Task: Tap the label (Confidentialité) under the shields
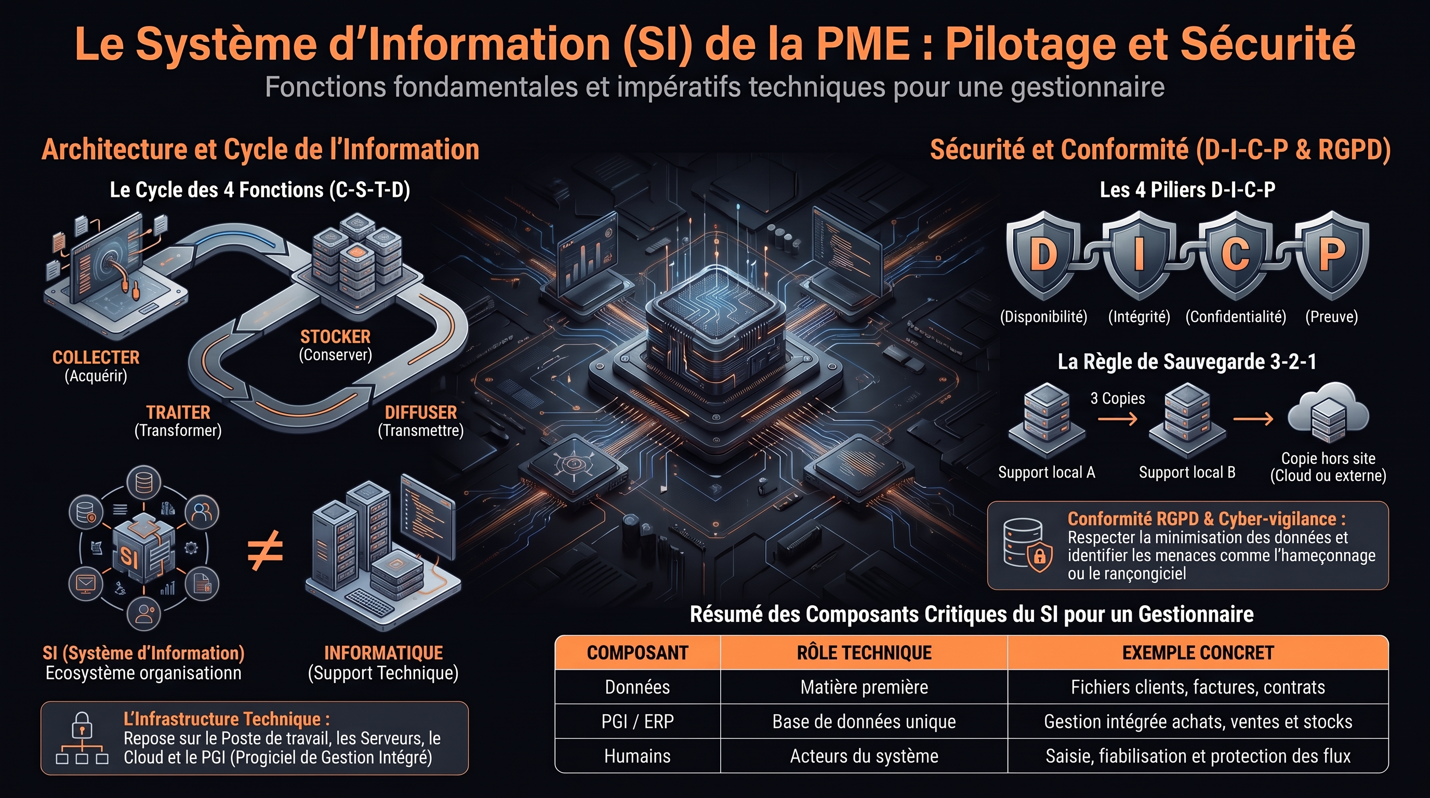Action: click(1236, 317)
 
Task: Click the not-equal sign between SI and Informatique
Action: click(266, 551)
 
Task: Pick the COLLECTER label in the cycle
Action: click(96, 357)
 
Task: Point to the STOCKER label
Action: click(335, 337)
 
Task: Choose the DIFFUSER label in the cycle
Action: click(421, 413)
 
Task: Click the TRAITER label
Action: click(178, 413)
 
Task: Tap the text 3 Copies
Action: click(1118, 398)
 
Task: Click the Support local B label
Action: click(1187, 472)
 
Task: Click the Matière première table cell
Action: click(864, 687)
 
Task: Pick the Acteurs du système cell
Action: click(864, 756)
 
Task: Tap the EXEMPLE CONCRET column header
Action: click(1198, 653)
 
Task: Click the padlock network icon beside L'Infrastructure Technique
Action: click(82, 738)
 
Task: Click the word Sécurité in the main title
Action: click(1267, 43)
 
